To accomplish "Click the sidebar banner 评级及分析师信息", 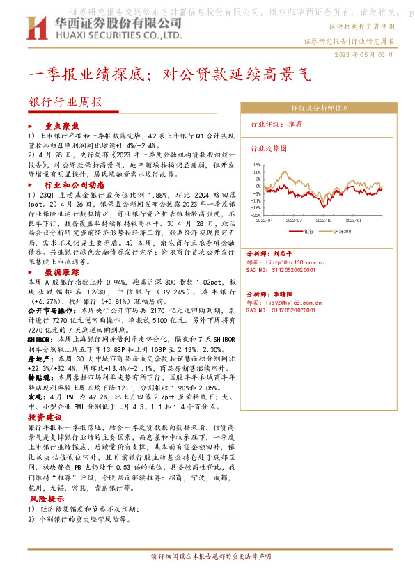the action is click(320, 108).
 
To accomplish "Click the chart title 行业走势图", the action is click(267, 148).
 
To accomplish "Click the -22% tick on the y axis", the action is click(257, 215).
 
